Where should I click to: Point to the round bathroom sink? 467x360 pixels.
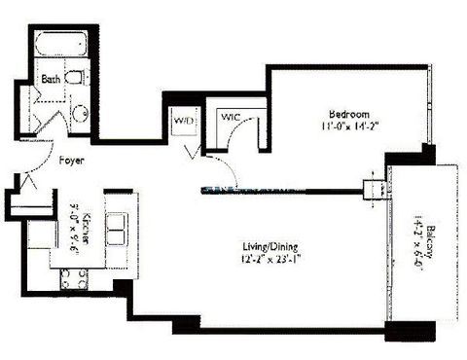pyautogui.click(x=80, y=112)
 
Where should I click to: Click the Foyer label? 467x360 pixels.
pyautogui.click(x=72, y=162)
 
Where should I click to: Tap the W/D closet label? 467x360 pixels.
pyautogui.click(x=182, y=122)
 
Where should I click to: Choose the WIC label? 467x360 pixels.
pyautogui.click(x=232, y=117)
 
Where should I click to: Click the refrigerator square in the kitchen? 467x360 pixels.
pyautogui.click(x=41, y=237)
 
